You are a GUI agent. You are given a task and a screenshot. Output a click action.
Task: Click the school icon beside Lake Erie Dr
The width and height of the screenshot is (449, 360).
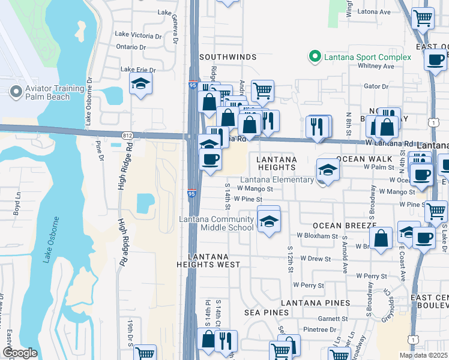tap(140, 83)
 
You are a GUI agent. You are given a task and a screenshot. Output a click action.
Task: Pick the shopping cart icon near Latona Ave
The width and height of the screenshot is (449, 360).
tap(423, 18)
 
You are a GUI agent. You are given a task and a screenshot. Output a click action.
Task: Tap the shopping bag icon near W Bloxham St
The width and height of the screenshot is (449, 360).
tap(382, 238)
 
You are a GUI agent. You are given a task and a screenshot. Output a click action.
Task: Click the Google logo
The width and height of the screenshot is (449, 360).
tap(20, 353)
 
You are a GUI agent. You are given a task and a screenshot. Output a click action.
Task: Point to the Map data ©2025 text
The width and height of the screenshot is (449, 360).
tap(423, 355)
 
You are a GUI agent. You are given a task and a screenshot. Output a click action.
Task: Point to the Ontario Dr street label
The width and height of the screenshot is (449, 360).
tap(131, 47)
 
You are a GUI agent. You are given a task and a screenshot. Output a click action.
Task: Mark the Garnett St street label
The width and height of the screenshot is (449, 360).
tap(330, 319)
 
